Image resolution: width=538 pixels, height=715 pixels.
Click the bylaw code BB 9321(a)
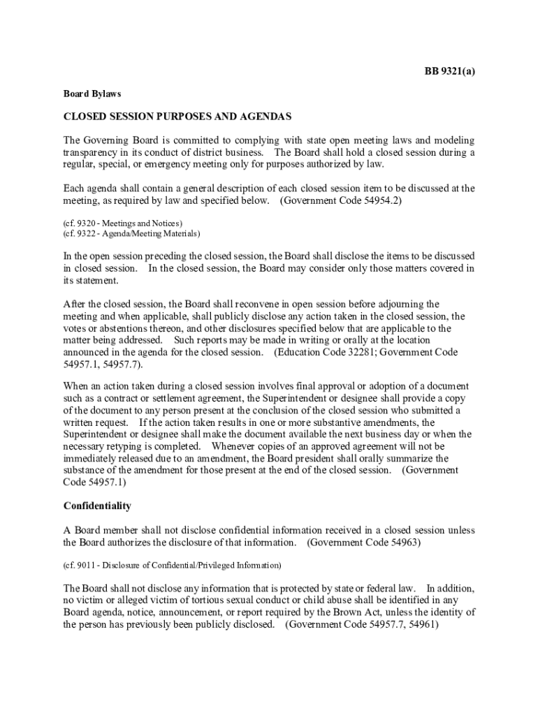pyautogui.click(x=451, y=71)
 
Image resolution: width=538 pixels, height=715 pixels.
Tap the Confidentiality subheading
pyautogui.click(x=97, y=506)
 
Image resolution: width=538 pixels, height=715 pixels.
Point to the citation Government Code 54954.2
pyautogui.click(x=340, y=201)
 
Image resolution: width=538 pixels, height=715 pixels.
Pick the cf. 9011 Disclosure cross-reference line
pyautogui.click(x=172, y=564)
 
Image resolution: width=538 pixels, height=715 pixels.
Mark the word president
pyautogui.click(x=329, y=458)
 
